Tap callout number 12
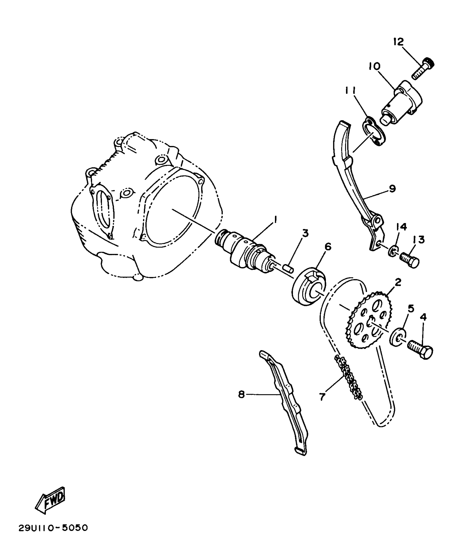coord(399,42)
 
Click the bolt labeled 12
coord(423,69)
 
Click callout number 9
coord(392,189)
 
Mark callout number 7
coord(322,396)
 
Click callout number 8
coord(242,394)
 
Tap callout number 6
coord(328,246)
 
